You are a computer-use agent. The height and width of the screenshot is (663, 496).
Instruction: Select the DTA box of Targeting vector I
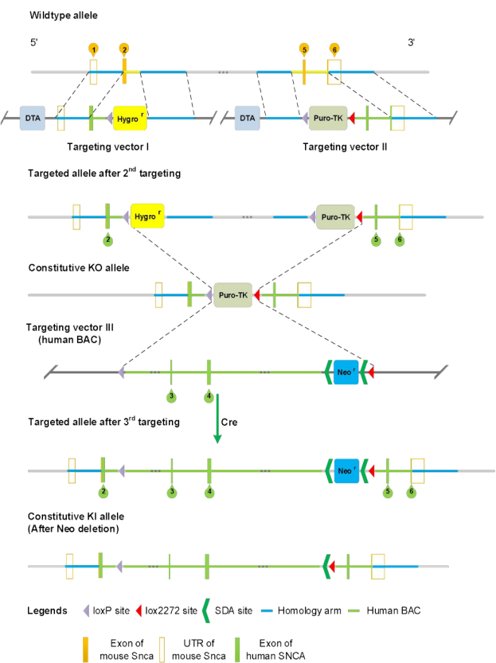32,119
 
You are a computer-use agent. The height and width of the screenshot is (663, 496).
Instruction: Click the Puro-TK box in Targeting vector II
326,119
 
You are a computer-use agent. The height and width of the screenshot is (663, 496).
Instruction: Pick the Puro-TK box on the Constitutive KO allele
233,295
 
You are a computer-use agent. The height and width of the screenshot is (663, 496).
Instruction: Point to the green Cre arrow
217,418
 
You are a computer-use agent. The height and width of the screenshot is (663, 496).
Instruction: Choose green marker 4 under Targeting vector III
208,396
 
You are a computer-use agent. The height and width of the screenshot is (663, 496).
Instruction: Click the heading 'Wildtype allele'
59,15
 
